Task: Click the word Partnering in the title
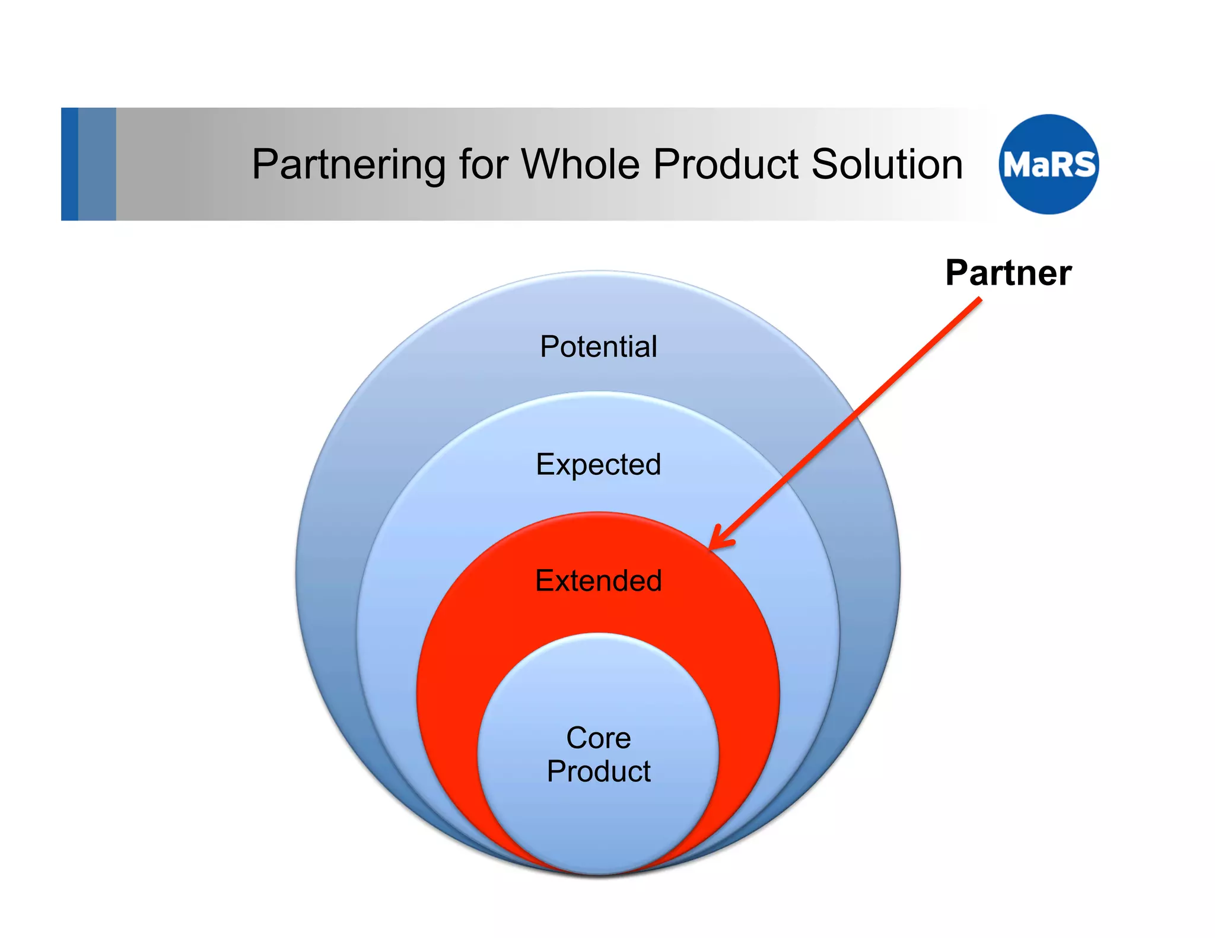[x=348, y=164]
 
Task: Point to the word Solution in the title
[x=886, y=164]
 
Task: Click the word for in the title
[x=483, y=164]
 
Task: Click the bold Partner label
[x=1008, y=273]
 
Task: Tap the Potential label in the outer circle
[x=598, y=346]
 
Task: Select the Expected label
[x=598, y=464]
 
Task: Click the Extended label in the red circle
[x=598, y=580]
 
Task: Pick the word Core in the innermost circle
[x=598, y=738]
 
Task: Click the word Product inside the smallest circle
[x=598, y=771]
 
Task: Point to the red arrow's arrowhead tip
[x=711, y=547]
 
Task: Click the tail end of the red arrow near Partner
[x=979, y=300]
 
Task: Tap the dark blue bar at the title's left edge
[x=69, y=164]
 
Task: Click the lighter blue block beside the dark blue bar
[x=97, y=164]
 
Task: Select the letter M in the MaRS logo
[x=1016, y=165]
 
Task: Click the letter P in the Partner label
[x=958, y=273]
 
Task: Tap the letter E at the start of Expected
[x=545, y=464]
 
